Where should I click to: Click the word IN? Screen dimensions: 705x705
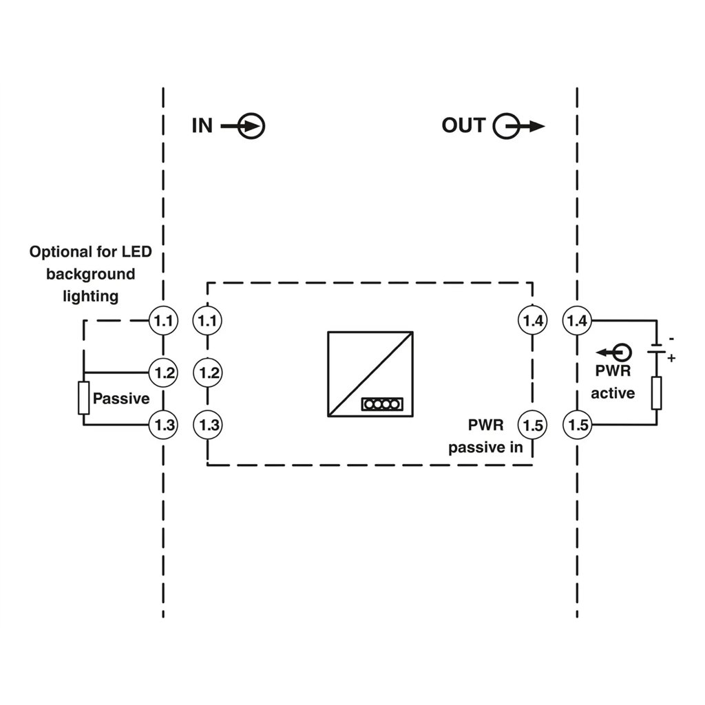[x=202, y=125]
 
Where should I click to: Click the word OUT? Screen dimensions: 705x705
[x=463, y=125]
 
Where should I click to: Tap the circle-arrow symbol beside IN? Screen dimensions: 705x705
[x=243, y=126]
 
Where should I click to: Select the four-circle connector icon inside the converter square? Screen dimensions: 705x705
[x=381, y=404]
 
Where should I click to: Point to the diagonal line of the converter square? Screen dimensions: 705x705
[x=370, y=375]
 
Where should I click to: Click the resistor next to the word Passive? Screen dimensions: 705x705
[x=83, y=398]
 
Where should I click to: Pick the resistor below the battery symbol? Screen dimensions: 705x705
[x=656, y=393]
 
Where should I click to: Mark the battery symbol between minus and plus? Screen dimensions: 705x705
[x=656, y=349]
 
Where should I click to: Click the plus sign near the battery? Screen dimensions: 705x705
[x=671, y=358]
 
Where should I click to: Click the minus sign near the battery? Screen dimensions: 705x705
[x=671, y=338]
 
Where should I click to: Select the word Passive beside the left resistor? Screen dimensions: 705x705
[x=121, y=399]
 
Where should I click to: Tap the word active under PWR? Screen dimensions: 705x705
[x=613, y=393]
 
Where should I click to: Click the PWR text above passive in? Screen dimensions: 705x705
[x=485, y=425]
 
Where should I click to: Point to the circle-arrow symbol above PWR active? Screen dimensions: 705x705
[x=613, y=352]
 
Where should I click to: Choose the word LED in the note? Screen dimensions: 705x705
[x=137, y=251]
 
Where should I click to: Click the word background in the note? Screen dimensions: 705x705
[x=90, y=274]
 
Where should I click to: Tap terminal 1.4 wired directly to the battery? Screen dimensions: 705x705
[x=578, y=321]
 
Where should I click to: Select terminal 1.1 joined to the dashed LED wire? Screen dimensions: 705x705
[x=164, y=321]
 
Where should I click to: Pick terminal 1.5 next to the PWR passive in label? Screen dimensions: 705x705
[x=533, y=425]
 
